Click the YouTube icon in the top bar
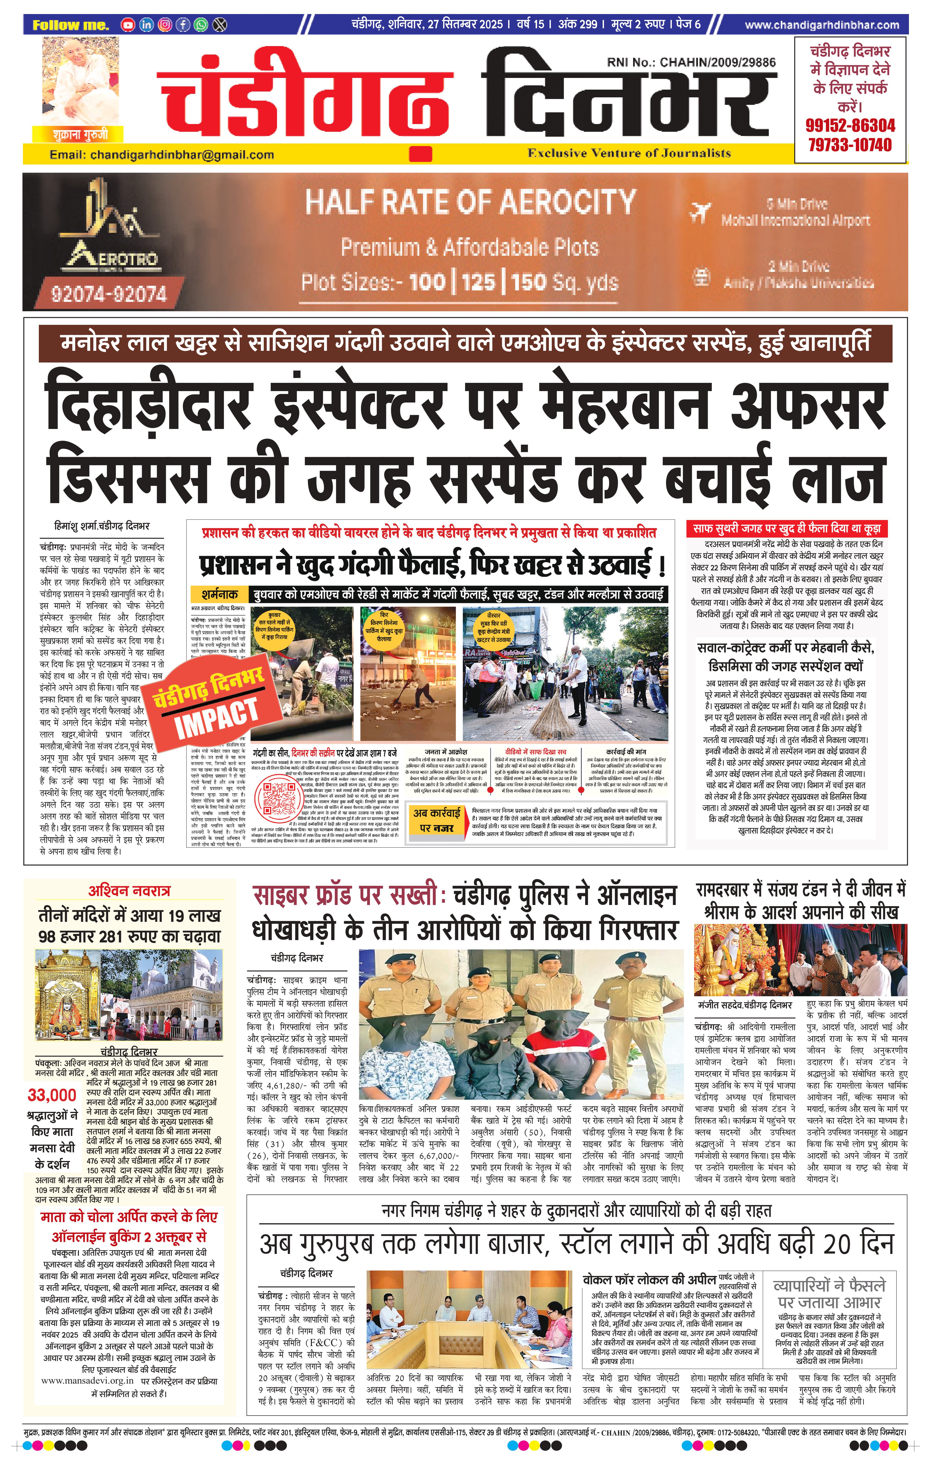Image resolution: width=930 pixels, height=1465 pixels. pos(128,25)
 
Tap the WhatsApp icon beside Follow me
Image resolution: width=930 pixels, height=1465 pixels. pos(201,25)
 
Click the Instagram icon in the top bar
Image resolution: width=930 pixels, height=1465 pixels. pos(164,25)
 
